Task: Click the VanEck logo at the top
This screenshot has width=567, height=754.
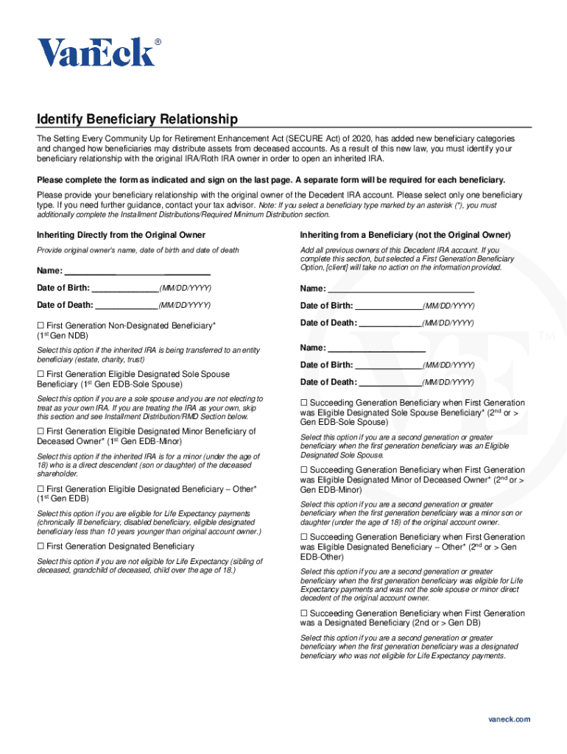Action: click(x=98, y=52)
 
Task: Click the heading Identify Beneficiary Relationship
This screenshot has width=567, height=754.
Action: click(x=138, y=119)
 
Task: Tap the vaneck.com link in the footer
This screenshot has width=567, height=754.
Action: click(x=509, y=719)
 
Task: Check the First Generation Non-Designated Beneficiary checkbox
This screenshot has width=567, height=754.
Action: click(x=41, y=325)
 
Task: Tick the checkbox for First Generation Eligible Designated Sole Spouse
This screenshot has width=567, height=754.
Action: click(x=41, y=375)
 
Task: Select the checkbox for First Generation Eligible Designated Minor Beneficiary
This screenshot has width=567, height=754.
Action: click(x=41, y=431)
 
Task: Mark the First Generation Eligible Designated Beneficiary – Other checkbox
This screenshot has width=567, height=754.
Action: click(x=41, y=489)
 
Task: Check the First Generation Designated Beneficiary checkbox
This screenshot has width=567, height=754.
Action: click(x=41, y=546)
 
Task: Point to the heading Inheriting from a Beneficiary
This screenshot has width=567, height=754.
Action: click(x=405, y=235)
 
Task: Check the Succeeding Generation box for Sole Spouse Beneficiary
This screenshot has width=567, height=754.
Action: click(x=304, y=404)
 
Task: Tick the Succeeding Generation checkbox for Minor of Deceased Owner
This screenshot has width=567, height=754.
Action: click(x=304, y=470)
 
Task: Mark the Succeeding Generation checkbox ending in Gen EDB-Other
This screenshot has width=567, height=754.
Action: click(x=304, y=538)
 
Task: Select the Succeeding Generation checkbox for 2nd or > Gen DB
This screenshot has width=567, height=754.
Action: click(x=304, y=613)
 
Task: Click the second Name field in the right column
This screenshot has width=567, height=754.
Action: click(x=376, y=348)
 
